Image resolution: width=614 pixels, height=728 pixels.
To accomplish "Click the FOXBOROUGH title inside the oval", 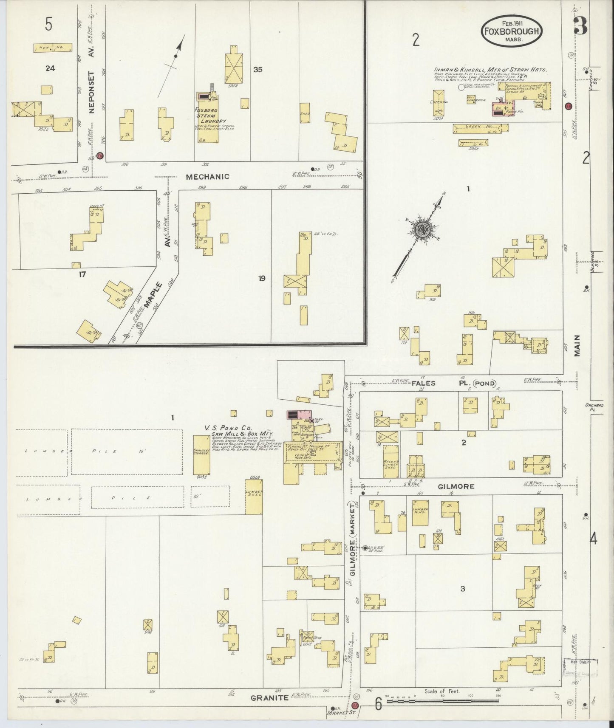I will tap(512, 31).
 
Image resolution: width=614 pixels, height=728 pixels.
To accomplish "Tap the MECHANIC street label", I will tap(207, 177).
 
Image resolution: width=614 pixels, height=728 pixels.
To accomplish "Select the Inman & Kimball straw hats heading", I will tap(490, 70).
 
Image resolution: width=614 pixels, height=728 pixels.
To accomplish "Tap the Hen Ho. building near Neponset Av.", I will tap(53, 48).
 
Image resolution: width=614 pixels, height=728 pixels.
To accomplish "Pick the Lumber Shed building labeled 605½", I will tap(254, 497).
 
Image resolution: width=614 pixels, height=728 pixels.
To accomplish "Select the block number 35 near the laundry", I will tap(257, 70).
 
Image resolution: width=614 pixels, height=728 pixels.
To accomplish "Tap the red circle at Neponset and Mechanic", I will tap(100, 155).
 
